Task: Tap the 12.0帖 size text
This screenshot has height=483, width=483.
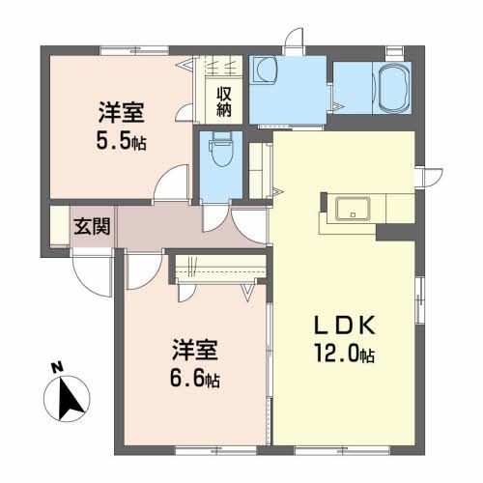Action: [338, 355]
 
